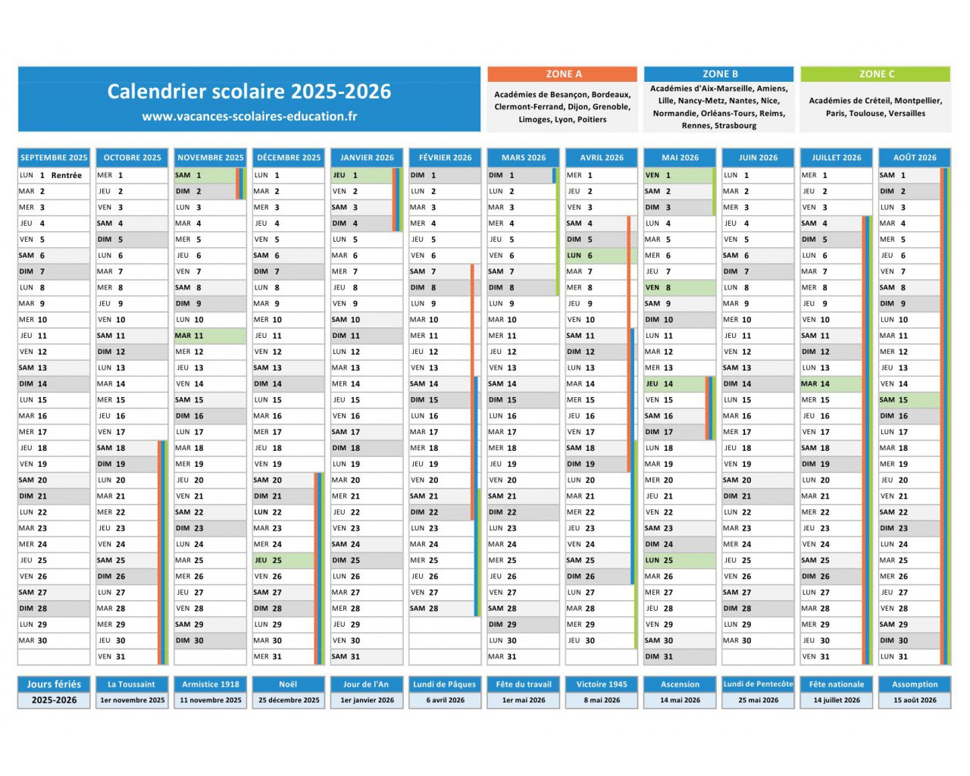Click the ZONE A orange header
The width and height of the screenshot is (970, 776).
tap(562, 74)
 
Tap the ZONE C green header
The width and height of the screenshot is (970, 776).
tap(875, 74)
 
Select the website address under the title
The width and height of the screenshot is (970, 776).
tap(249, 117)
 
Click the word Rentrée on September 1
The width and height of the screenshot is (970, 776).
tap(66, 175)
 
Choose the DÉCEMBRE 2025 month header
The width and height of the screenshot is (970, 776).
tap(289, 158)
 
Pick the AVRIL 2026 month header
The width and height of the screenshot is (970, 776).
tap(601, 158)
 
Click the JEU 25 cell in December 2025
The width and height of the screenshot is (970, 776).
tap(283, 561)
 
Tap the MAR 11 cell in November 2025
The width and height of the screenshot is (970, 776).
tap(210, 336)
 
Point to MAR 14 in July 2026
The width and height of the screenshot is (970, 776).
tap(831, 384)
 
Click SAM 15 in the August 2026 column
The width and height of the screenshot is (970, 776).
tap(909, 400)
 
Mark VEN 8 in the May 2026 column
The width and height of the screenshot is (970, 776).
tap(680, 288)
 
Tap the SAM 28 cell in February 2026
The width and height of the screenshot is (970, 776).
tap(441, 609)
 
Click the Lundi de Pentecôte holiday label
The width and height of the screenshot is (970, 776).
tap(758, 684)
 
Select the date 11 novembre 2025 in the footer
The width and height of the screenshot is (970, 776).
tap(211, 700)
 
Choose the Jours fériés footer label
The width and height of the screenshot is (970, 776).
tap(54, 684)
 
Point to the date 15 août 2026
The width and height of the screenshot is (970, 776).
tap(915, 700)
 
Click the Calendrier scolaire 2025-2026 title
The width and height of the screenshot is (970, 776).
tap(249, 91)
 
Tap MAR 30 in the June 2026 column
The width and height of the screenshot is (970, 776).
tap(758, 640)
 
